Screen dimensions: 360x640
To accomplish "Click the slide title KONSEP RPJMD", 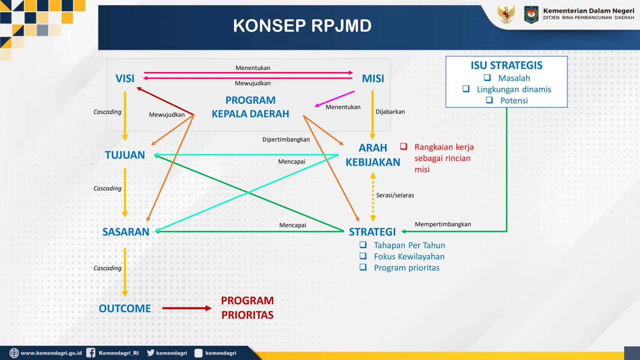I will pos(302,26).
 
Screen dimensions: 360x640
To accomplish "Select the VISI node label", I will pos(125,78).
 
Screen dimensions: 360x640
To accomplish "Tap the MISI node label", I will pos(373,78).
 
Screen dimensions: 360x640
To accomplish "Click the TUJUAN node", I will pos(125,155).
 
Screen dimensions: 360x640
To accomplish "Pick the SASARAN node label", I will pos(126,232).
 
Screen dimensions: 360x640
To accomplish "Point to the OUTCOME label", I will pos(125,308).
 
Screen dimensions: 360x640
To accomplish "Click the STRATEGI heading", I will pos(372,232).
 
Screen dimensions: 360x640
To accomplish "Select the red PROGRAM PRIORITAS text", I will pos(247,308).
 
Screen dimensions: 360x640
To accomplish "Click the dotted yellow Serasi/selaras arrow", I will pos(373,197).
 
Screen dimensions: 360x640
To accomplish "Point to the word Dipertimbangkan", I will pos(286,139).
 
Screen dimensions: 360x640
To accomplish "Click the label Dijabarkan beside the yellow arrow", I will pos(390,112).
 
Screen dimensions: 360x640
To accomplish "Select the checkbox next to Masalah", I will pos(487,77).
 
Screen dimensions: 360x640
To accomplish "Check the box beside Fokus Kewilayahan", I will pos(363,256).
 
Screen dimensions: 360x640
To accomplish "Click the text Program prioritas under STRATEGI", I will pos(407,268).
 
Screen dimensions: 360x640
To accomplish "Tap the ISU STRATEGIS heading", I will pos(507,65).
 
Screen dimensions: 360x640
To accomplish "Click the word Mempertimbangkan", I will pos(442,224).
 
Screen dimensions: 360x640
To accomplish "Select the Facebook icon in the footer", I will pos(91,353).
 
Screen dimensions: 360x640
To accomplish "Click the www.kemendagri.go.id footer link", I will pos(51,353).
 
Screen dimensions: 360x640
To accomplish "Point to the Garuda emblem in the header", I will pos(506,14).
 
